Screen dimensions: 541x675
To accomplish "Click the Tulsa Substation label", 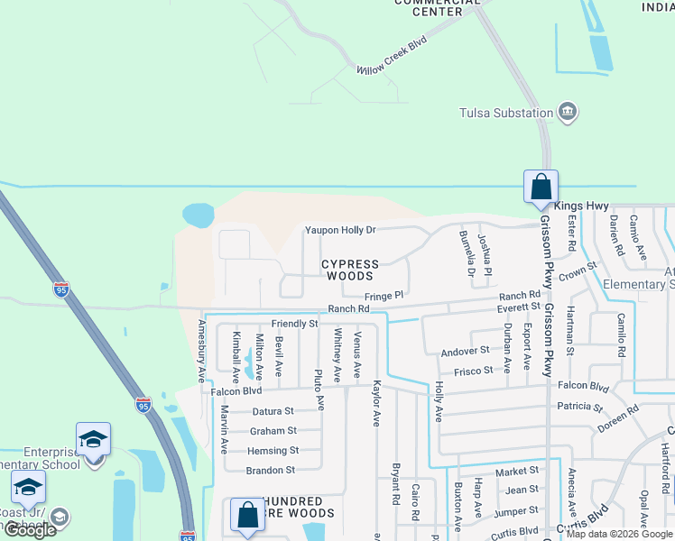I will [505, 113].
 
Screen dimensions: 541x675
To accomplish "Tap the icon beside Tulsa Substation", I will [568, 113].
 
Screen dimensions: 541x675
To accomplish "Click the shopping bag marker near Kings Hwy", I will [541, 187].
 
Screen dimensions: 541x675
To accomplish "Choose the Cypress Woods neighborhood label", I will [350, 270].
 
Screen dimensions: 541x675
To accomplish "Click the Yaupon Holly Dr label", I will [339, 230].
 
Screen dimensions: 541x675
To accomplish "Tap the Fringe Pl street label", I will [384, 296].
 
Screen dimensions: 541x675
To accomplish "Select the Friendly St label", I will [294, 323].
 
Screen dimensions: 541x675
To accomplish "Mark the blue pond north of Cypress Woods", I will [198, 215].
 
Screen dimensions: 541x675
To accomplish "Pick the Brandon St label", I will [270, 471].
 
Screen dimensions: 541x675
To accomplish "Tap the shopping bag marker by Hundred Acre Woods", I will [247, 516].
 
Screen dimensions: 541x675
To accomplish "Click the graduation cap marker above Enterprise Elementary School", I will [93, 439].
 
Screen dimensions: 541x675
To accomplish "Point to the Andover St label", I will [465, 351].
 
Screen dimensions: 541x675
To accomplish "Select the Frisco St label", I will [474, 371].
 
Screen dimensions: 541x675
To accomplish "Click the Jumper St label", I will [516, 510].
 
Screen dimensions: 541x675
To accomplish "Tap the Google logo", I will [30, 530].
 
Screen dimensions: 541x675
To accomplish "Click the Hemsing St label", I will [273, 451].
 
